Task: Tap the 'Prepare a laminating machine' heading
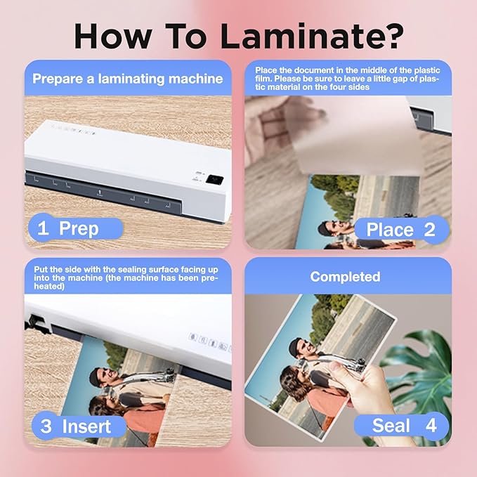[128, 79]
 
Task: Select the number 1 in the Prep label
[43, 228]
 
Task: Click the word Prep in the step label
[79, 228]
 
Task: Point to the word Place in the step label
[390, 230]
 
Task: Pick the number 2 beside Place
[429, 230]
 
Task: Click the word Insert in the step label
[85, 426]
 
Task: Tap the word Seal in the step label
[392, 426]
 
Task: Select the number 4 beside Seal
[430, 426]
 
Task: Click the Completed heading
[345, 277]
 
